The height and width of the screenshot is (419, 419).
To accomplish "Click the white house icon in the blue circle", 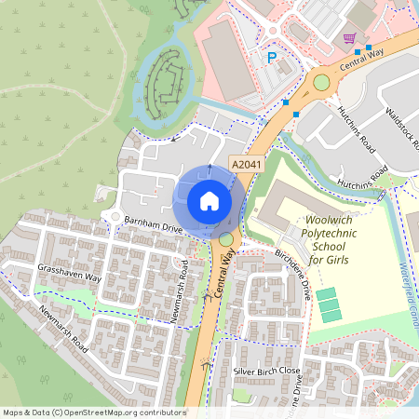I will click(209, 200).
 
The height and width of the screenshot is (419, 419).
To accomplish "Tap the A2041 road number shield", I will click(244, 165).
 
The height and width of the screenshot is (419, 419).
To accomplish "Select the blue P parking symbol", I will click(273, 58).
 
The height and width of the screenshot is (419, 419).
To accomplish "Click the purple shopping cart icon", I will click(349, 38).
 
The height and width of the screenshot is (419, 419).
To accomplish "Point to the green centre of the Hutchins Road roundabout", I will click(323, 83).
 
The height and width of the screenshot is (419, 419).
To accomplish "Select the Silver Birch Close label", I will click(267, 370).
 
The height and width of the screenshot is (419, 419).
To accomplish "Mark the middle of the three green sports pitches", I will click(327, 305).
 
